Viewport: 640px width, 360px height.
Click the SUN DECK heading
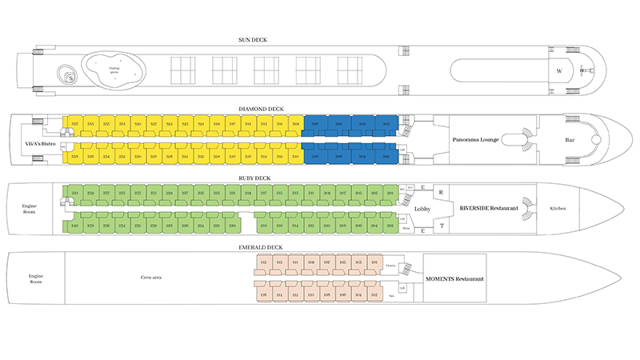(x=319, y=38)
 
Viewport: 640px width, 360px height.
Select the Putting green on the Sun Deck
(x=114, y=69)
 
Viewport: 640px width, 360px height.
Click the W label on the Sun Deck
(x=559, y=70)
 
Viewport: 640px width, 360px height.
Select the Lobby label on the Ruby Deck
(x=423, y=209)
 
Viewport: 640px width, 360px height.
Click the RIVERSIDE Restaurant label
(x=490, y=208)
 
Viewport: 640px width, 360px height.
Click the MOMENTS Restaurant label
(x=453, y=278)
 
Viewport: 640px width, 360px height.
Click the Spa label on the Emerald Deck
(x=391, y=294)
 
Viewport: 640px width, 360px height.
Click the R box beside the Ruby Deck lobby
(x=441, y=193)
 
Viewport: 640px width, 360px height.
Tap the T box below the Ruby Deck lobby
(x=441, y=226)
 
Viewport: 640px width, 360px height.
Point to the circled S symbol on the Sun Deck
(x=70, y=78)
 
